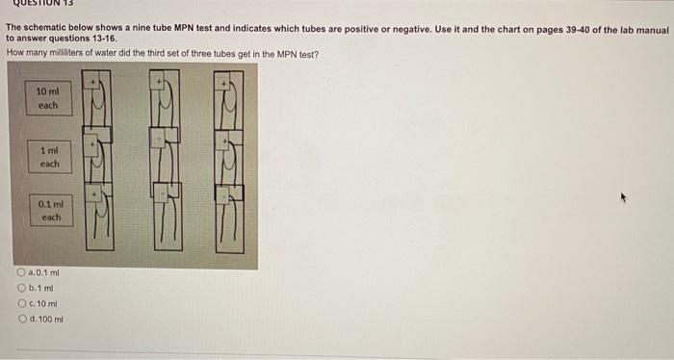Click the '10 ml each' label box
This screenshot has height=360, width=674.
[48, 97]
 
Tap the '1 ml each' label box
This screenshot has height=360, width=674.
[49, 158]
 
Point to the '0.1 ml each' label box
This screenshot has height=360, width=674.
[50, 211]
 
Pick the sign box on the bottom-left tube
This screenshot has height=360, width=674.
[94, 193]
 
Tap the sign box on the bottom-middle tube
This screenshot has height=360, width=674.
[160, 193]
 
